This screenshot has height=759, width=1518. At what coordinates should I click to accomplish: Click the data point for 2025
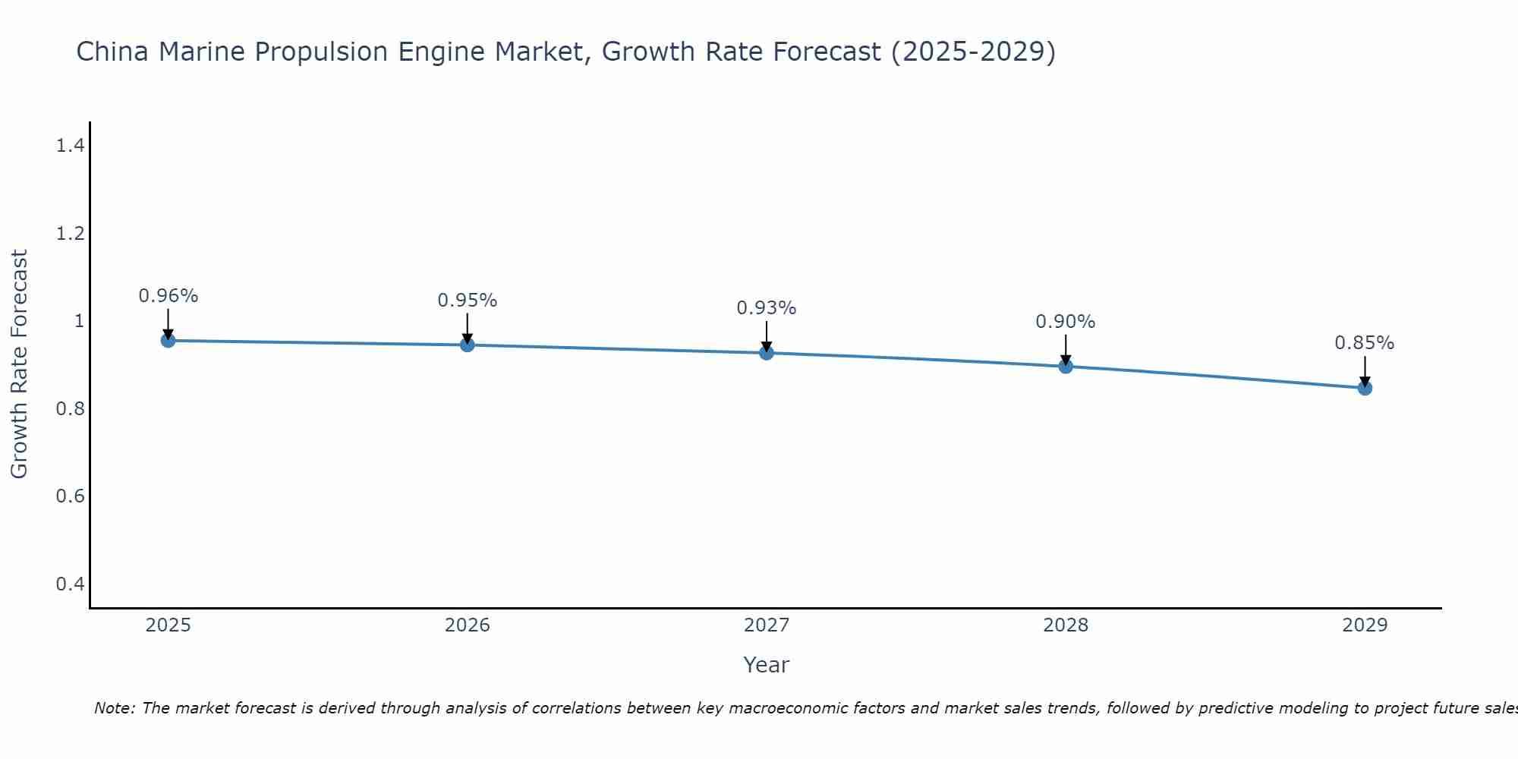(168, 340)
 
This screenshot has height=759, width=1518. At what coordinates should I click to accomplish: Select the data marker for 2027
(767, 353)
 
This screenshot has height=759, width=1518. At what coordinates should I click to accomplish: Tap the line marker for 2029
(1365, 388)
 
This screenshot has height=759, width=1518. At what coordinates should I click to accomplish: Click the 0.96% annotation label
(168, 296)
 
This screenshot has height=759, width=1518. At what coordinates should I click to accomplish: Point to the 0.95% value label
(468, 301)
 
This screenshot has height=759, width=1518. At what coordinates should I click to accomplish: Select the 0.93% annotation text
(767, 308)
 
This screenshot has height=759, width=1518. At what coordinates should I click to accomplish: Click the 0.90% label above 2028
(1066, 322)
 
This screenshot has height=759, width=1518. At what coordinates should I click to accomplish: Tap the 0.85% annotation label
(1365, 343)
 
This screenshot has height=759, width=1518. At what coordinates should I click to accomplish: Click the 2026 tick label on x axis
(468, 625)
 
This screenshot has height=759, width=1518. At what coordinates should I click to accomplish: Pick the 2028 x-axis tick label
(1066, 625)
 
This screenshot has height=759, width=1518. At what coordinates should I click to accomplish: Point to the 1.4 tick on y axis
(70, 146)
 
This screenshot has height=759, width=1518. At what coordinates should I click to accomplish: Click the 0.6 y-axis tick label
(70, 496)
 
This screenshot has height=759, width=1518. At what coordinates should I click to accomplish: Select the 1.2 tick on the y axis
(70, 234)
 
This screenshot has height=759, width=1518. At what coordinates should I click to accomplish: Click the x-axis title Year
(767, 665)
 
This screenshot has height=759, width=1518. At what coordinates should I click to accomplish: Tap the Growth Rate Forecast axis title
(20, 364)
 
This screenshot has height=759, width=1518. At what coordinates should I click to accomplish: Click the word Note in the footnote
(114, 708)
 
